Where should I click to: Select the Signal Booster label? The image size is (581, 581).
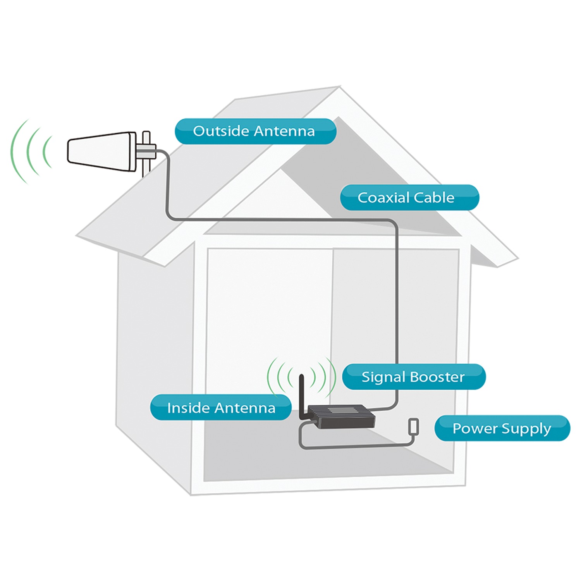414,377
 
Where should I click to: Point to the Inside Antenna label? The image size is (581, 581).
221,407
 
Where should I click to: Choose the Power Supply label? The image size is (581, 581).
502,428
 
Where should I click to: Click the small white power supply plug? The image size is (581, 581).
414,426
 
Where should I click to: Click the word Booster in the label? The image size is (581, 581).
437,377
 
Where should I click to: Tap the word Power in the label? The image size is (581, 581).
475,428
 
